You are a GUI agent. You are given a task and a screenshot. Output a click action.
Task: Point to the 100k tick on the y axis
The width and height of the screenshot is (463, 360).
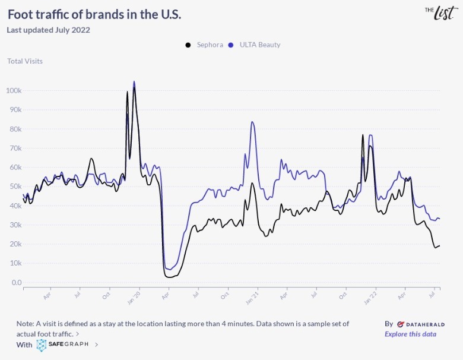point(14,91)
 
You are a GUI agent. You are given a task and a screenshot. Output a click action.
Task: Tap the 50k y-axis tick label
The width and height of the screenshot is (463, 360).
point(15,187)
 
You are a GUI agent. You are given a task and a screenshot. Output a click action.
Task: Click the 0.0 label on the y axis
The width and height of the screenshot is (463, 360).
point(16,283)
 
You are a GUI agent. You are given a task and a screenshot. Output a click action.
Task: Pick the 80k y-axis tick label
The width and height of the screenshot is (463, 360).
point(15,129)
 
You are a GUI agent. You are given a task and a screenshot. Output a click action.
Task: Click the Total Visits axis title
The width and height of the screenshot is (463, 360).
point(25,61)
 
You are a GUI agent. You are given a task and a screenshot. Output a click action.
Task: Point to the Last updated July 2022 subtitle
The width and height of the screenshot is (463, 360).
point(49,30)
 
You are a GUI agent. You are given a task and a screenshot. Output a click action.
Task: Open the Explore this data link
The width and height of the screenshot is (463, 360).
point(410,334)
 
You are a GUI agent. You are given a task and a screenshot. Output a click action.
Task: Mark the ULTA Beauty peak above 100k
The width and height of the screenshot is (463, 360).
point(134,82)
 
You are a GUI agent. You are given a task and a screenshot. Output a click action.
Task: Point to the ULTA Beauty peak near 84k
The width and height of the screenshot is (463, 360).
point(252,122)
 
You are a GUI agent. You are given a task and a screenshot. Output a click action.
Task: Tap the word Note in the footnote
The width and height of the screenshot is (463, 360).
point(26,324)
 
